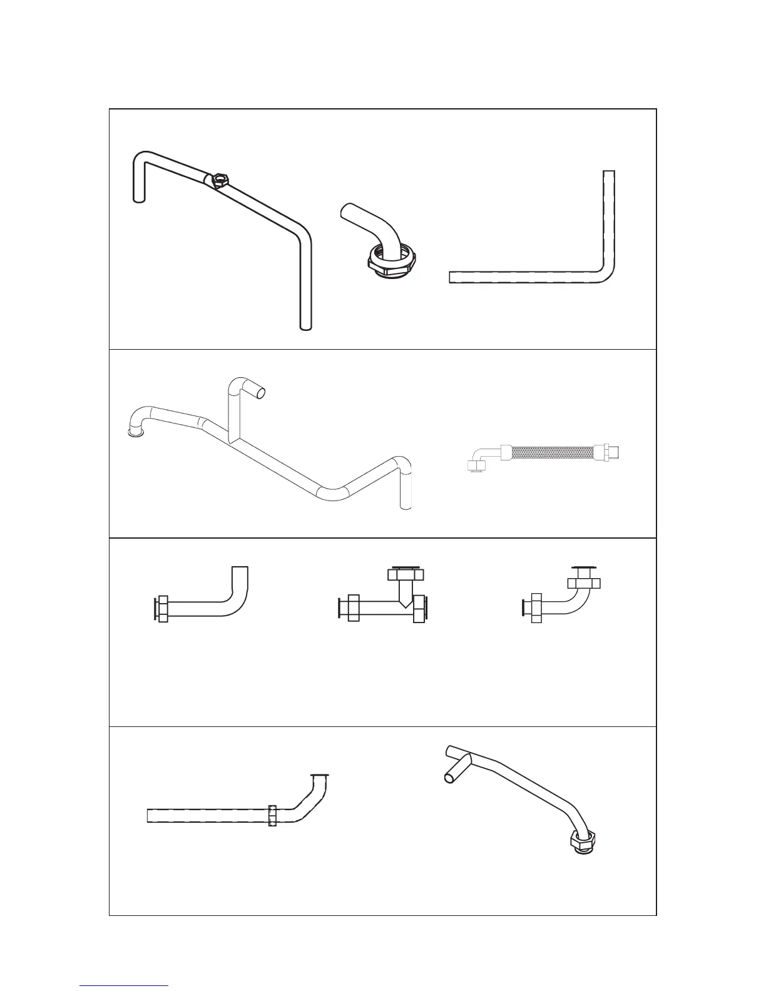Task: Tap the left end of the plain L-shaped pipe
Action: click(452, 277)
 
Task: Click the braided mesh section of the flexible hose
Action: click(551, 452)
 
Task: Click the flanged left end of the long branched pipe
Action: click(134, 432)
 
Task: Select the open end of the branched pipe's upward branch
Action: click(262, 393)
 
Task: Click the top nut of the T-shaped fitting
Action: click(406, 574)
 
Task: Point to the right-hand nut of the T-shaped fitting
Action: click(419, 609)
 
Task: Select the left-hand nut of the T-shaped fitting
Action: click(352, 609)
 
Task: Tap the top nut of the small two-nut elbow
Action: click(584, 581)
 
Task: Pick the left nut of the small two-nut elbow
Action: click(537, 608)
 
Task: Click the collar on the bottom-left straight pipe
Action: click(272, 815)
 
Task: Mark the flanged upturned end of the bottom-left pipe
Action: click(320, 778)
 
